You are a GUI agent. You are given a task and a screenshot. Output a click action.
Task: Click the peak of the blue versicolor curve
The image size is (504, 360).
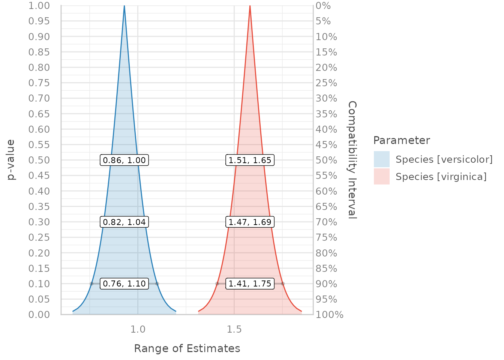tap(124, 6)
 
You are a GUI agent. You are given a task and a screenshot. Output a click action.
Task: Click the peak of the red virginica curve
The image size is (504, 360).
tap(250, 6)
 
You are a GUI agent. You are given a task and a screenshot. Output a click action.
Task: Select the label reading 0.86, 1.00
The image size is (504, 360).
tap(124, 160)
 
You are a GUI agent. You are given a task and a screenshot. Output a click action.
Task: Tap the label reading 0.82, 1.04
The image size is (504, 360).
tap(124, 222)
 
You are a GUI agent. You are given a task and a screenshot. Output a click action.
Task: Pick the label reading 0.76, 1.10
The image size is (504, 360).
tap(124, 283)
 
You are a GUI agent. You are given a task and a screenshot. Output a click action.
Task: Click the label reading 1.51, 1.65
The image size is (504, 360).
tap(250, 160)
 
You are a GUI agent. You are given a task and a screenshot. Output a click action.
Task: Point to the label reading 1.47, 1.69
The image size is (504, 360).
tap(250, 222)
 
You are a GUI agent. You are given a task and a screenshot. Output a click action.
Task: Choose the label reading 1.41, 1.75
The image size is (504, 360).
tap(250, 283)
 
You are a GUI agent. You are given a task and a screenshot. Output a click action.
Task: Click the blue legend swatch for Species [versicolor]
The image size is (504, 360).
tap(381, 159)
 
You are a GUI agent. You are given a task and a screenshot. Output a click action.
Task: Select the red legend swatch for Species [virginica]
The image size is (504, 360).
tap(381, 176)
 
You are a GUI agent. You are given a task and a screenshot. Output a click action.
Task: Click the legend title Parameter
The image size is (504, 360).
tap(401, 140)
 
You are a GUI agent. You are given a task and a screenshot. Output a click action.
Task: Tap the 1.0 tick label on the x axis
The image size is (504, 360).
tap(138, 329)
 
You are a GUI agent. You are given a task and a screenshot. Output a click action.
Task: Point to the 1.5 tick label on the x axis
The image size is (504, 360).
tap(234, 329)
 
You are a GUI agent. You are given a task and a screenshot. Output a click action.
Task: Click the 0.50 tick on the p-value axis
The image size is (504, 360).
tap(39, 160)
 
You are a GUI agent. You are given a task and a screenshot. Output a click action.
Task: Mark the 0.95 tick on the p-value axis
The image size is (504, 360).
tap(39, 21)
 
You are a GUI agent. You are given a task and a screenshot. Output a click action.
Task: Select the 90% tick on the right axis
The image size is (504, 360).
tap(326, 284)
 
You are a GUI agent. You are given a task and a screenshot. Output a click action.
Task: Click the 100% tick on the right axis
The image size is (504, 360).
tap(330, 315)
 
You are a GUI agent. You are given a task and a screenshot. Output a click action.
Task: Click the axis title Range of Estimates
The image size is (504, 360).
tap(187, 348)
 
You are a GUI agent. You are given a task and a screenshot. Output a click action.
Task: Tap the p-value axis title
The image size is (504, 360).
tap(11, 160)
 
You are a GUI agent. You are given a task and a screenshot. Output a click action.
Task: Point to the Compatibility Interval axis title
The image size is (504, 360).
tap(352, 160)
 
